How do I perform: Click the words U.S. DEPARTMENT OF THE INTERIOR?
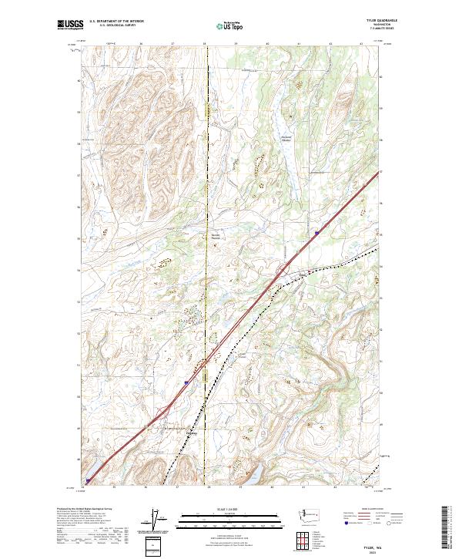pyautogui.click(x=116, y=22)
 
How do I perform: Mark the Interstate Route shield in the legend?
pyautogui.click(x=347, y=524)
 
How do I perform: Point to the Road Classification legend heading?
pyautogui.click(x=373, y=509)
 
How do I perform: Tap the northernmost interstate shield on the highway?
pyautogui.click(x=316, y=230)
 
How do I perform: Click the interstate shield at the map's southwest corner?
pyautogui.click(x=88, y=478)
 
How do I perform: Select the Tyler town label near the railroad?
pyautogui.click(x=191, y=433)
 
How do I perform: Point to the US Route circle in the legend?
pyautogui.click(x=369, y=524)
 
